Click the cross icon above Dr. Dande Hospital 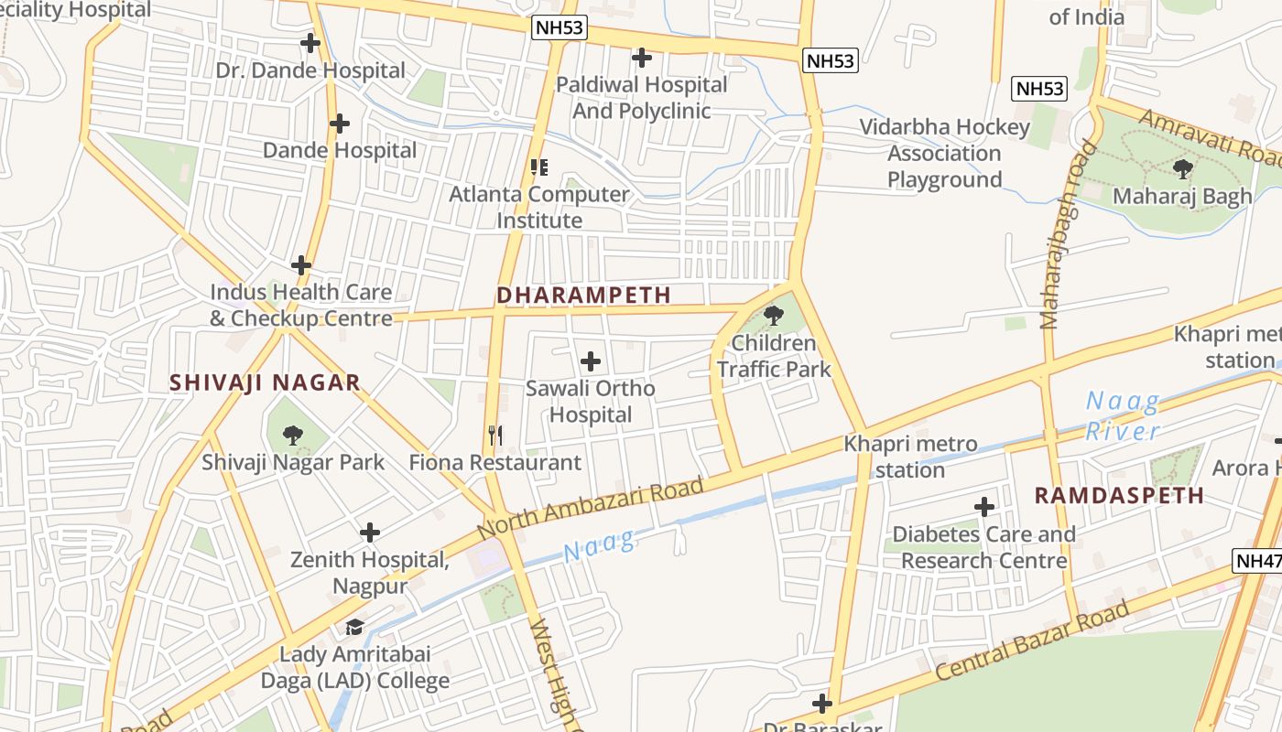310,42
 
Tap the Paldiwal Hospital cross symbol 642,58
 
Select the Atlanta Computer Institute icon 539,167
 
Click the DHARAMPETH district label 583,295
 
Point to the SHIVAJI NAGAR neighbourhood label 265,382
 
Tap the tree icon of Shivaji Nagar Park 292,435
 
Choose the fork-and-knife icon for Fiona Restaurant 495,435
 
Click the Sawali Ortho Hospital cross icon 591,361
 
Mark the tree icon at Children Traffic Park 773,316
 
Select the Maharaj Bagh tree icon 1182,168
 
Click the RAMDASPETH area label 1119,495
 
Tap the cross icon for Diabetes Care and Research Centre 984,506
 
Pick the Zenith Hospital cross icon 370,532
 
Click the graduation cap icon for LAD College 354,627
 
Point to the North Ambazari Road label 590,508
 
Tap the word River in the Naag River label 1123,431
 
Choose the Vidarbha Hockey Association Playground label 944,153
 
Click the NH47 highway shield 1258,561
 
